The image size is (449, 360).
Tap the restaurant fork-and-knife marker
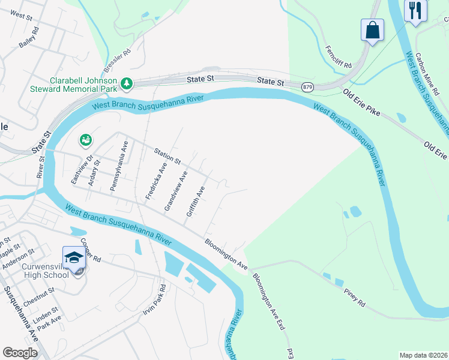pos(415,10)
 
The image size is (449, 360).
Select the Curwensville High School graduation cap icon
pos(74,257)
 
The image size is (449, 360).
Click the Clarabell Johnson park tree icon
pos(127,83)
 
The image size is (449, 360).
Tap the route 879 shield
pos(306,88)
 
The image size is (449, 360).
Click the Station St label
pos(167,157)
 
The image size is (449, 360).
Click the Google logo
pos(20,353)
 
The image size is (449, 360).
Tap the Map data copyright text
pos(423,355)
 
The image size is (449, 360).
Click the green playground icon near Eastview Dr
pos(85,140)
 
